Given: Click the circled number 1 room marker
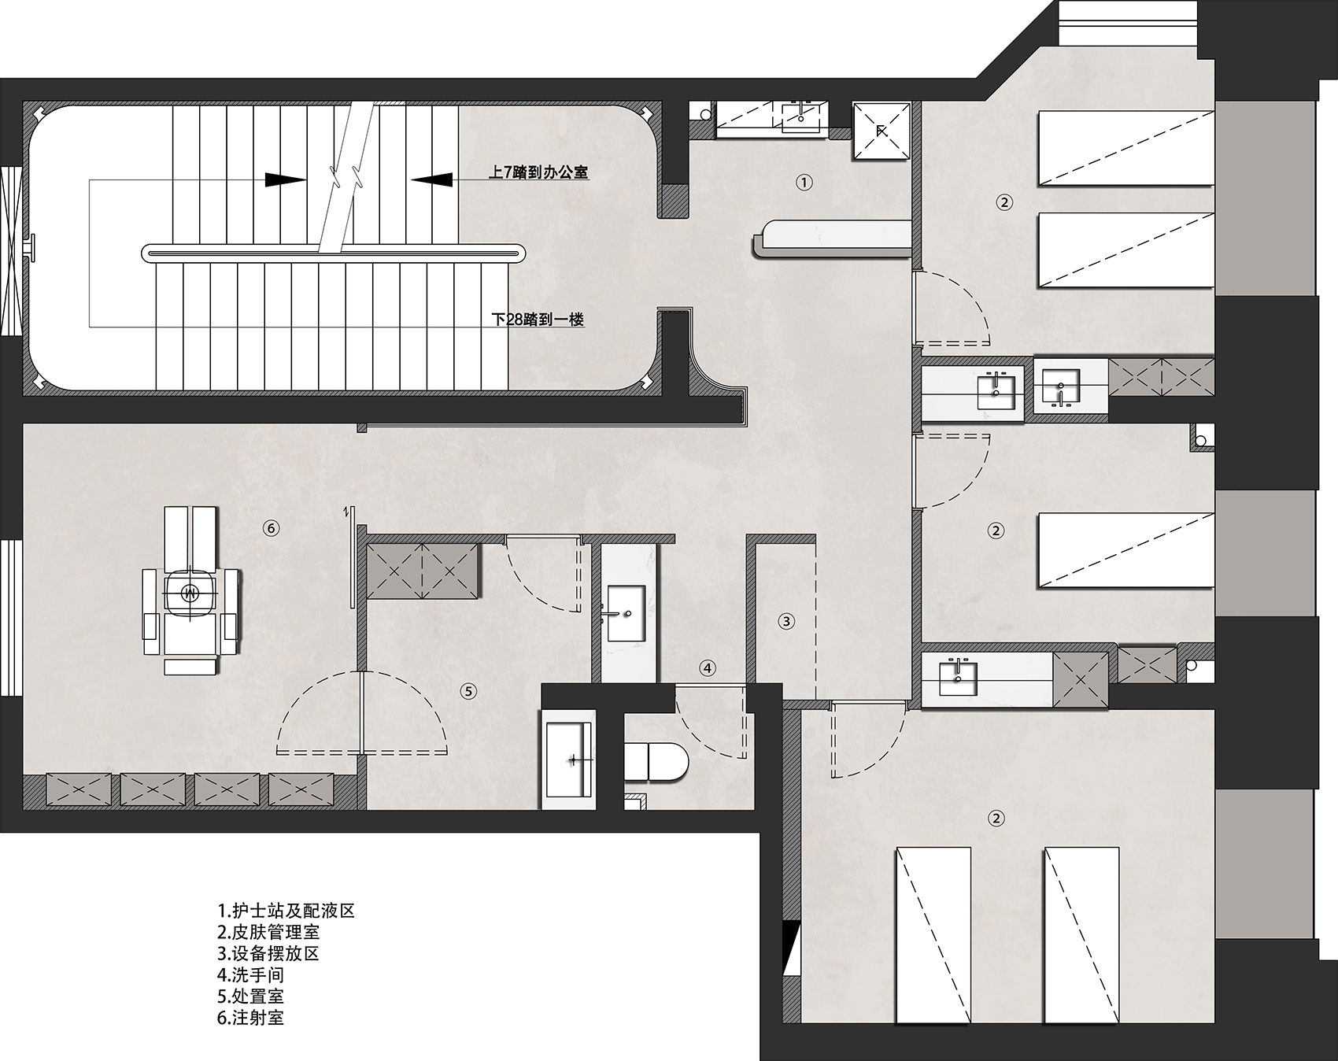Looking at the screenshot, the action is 804,182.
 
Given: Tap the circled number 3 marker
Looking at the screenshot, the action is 786,621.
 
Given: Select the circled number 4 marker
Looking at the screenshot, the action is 708,668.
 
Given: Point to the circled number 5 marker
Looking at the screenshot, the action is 468,691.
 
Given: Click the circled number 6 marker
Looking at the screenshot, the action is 271,528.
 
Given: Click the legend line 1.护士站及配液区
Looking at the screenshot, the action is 286,911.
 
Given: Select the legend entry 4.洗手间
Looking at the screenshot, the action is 251,975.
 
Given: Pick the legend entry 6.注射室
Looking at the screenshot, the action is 251,1018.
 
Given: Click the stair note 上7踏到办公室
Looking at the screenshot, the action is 538,172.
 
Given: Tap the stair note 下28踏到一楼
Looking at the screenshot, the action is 538,320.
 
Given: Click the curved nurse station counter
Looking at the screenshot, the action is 832,238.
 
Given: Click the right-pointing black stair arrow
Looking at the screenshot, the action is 285,179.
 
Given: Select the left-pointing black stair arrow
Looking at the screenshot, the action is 431,179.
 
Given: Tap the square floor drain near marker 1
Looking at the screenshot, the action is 882,131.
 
